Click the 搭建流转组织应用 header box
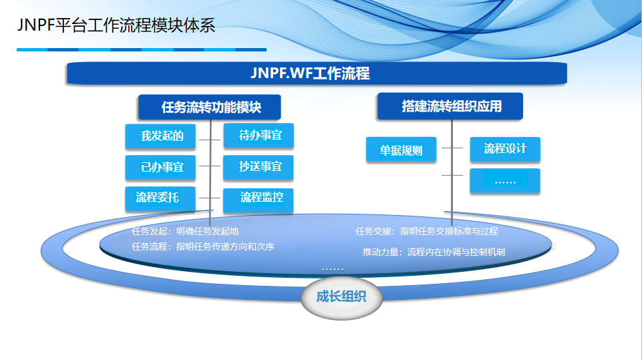click(x=450, y=106)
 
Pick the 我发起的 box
click(x=161, y=136)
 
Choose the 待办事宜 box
click(x=259, y=136)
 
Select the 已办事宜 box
click(x=161, y=167)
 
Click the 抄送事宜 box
click(x=259, y=166)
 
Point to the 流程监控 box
click(x=259, y=198)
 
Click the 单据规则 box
click(x=401, y=150)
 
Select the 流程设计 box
click(x=504, y=149)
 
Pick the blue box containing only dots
click(x=504, y=181)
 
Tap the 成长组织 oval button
click(x=341, y=297)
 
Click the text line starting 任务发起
click(x=185, y=232)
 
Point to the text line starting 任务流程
click(x=203, y=246)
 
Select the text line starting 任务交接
click(x=426, y=232)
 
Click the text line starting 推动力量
click(x=434, y=252)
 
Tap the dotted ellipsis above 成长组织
click(x=332, y=268)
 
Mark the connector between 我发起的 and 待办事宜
click(x=210, y=140)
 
